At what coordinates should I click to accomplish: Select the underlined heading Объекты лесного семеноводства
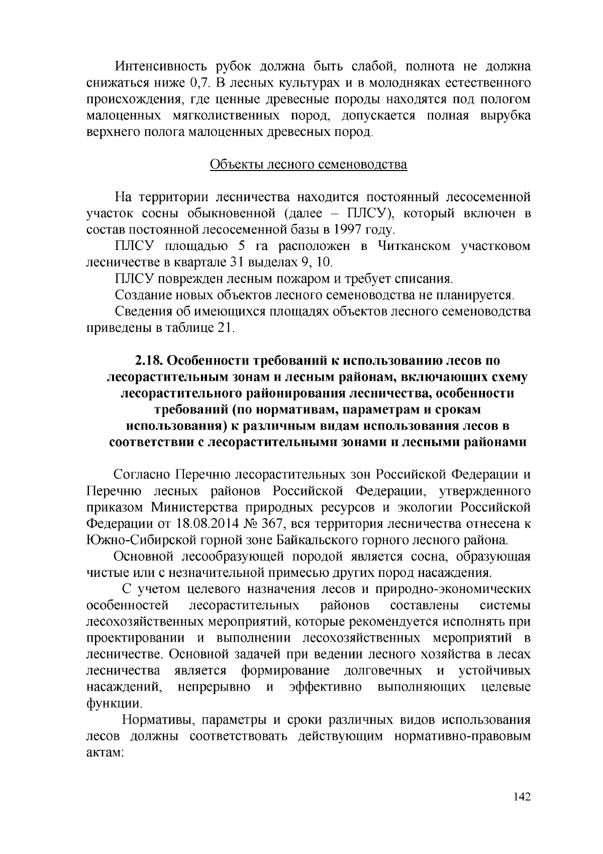pyautogui.click(x=308, y=165)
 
